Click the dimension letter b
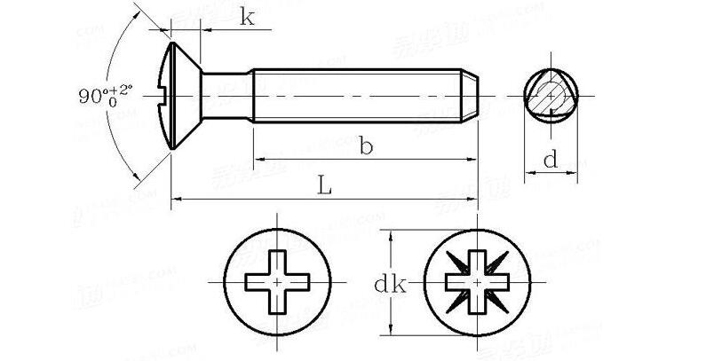(365, 146)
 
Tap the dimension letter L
(325, 186)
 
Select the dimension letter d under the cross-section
(551, 161)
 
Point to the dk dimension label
(389, 285)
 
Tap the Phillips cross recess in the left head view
(279, 280)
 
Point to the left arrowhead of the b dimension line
(260, 161)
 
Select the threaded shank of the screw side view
(355, 94)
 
